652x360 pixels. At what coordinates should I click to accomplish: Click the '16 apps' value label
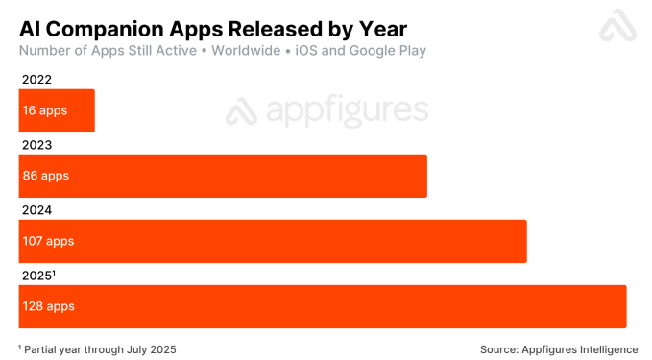pyautogui.click(x=45, y=111)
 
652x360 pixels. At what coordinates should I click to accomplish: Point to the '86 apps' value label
pyautogui.click(x=46, y=177)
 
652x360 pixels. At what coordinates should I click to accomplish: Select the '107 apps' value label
pyautogui.click(x=48, y=242)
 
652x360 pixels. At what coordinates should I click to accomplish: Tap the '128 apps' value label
pyautogui.click(x=48, y=307)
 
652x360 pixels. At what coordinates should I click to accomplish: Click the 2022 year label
pyautogui.click(x=36, y=80)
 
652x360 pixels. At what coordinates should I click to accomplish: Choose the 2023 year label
pyautogui.click(x=36, y=145)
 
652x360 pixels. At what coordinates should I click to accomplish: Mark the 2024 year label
pyautogui.click(x=36, y=210)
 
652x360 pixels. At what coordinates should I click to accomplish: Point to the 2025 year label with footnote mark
pyautogui.click(x=37, y=276)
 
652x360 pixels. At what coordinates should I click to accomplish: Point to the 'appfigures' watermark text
pyautogui.click(x=346, y=112)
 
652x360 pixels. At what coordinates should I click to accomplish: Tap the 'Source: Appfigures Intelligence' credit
pyautogui.click(x=558, y=348)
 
